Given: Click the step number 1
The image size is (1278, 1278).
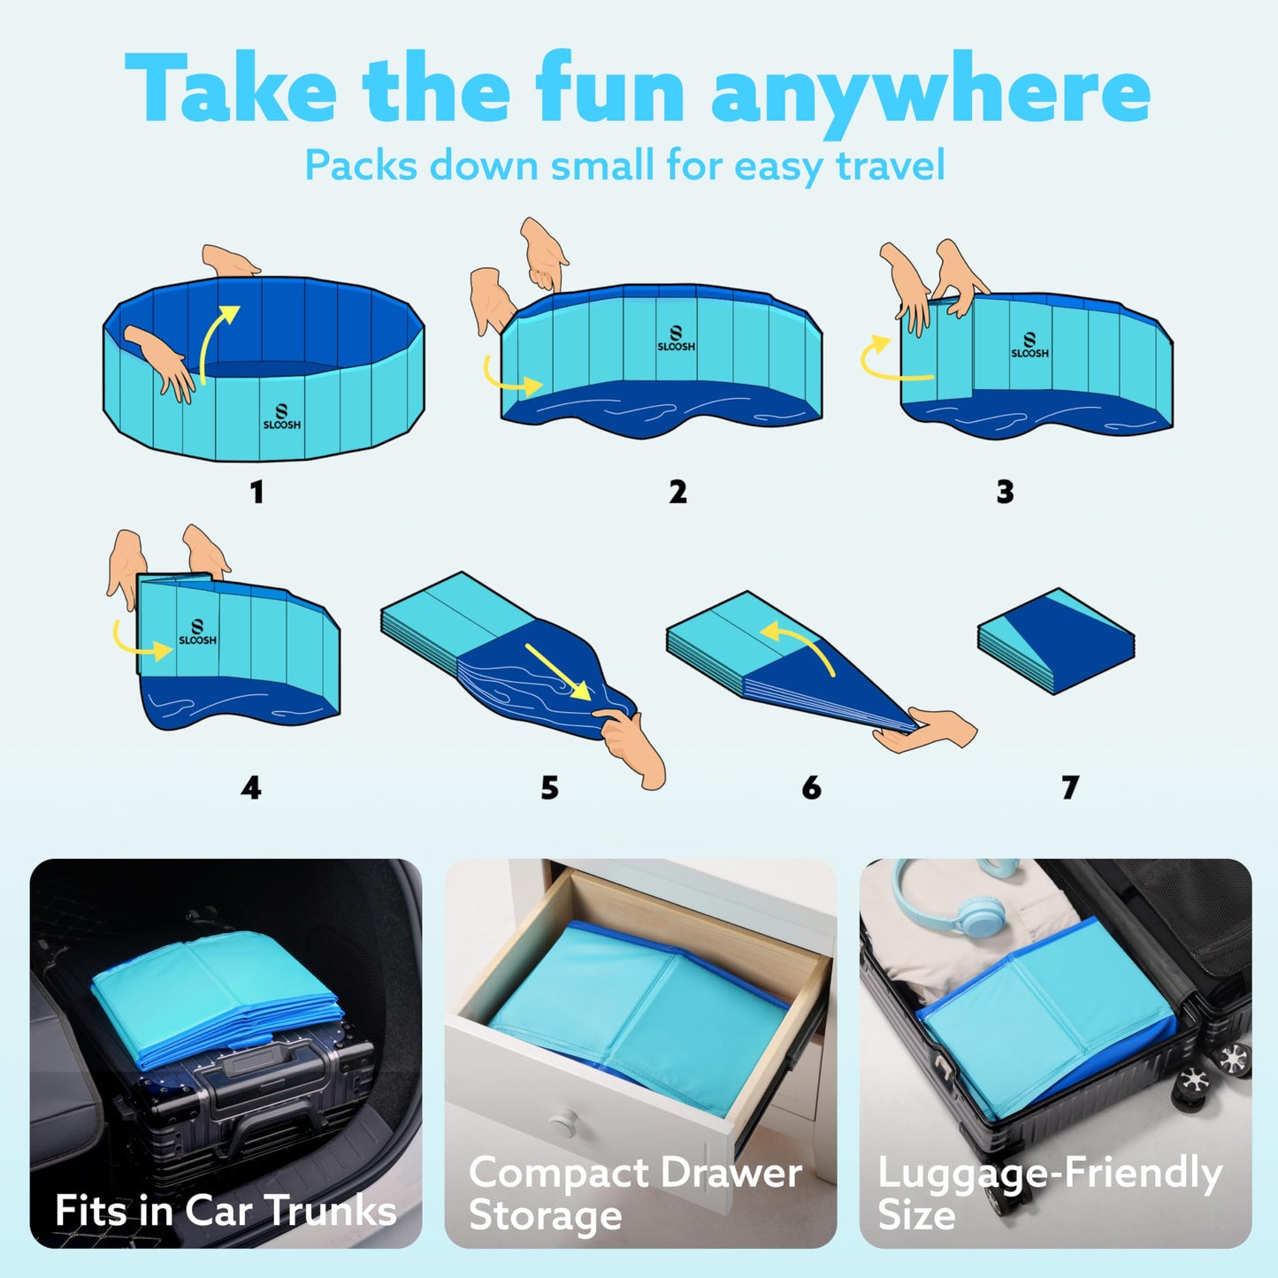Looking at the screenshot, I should click(x=257, y=492).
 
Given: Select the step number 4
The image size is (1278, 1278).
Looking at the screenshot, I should click(x=251, y=787).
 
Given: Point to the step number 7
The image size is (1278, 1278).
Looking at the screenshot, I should click(x=1070, y=787).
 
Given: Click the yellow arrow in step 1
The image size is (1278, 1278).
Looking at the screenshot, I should click(x=216, y=341).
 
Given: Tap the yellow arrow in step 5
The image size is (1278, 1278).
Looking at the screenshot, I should click(x=557, y=671).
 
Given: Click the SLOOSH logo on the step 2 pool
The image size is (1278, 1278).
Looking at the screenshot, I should click(x=676, y=339).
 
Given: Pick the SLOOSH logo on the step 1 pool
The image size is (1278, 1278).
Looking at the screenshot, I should click(x=282, y=417).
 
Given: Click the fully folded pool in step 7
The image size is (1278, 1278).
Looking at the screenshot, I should click(x=1056, y=640).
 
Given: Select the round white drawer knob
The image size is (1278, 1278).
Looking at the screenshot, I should click(x=562, y=1124).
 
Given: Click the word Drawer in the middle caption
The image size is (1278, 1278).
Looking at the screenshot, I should click(x=731, y=1174).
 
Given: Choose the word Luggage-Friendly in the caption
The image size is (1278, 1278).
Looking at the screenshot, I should click(x=1049, y=1175).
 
